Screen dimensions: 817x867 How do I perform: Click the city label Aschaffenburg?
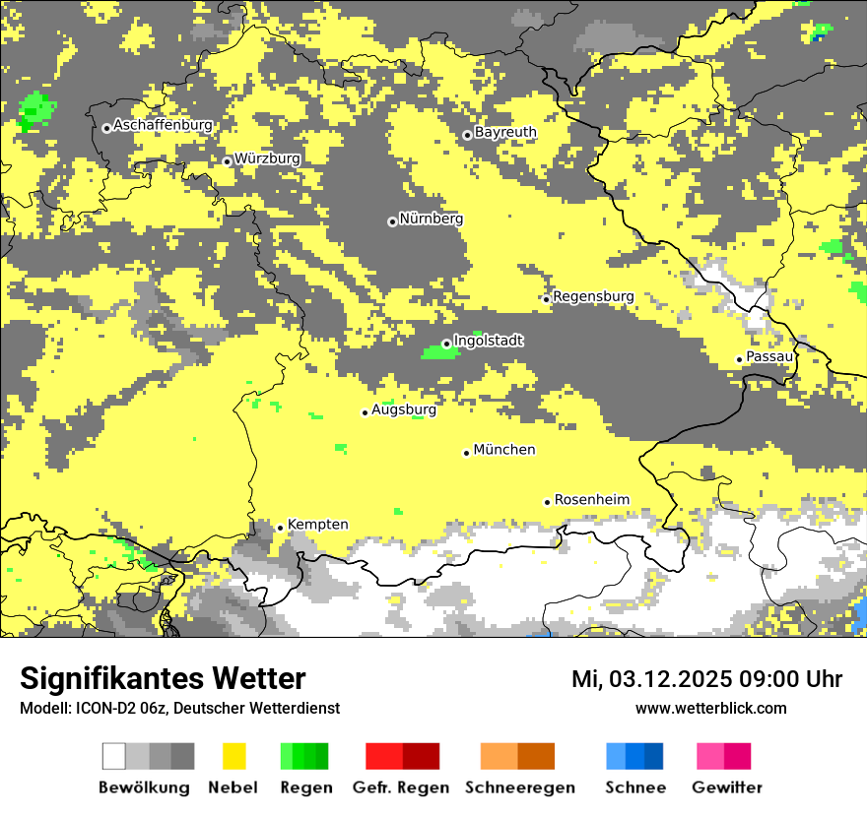pos(163,126)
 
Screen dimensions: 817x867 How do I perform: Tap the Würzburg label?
pos(267,158)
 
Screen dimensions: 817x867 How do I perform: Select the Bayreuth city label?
pos(505,132)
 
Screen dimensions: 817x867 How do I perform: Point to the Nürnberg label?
pos(431,220)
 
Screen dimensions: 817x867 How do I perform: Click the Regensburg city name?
pos(593,296)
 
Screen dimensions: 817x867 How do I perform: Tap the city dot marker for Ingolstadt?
pos(446,344)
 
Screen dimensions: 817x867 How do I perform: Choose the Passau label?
pos(769,356)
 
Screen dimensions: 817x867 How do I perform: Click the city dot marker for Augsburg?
pos(365,412)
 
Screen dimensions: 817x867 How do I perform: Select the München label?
pos(504,450)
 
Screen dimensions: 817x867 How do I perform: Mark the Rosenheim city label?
pos(591,500)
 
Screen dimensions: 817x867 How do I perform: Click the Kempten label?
pos(317,525)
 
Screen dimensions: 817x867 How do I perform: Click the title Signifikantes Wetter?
pos(163,679)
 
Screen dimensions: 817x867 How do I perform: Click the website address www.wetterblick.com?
pos(710,708)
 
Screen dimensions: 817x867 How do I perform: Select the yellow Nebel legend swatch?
pos(233,756)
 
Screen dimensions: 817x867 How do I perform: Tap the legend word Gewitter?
pos(727,787)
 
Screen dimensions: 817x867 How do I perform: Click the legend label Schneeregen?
pos(519,787)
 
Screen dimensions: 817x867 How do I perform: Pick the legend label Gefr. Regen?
pos(401,787)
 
